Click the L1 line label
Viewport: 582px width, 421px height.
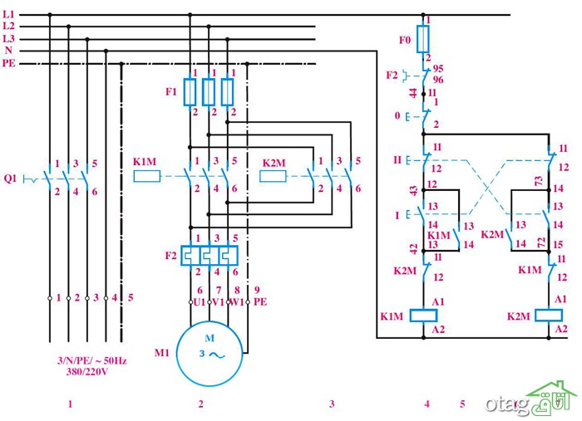coord(8,14)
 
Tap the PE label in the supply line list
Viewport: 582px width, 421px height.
coord(9,63)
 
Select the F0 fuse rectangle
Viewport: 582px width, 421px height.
coord(423,38)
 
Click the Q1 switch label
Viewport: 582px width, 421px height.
coord(10,179)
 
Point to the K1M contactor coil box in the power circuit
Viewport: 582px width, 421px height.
coord(147,176)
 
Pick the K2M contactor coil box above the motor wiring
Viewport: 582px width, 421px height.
coord(273,176)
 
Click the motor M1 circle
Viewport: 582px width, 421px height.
coord(210,353)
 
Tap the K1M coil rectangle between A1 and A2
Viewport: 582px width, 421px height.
coord(423,316)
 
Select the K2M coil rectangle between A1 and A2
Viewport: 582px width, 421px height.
coord(549,316)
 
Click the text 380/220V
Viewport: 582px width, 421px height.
coord(87,372)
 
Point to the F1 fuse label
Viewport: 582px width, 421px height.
coord(171,91)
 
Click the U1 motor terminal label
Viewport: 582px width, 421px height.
coord(200,302)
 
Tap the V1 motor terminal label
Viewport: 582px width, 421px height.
coord(218,302)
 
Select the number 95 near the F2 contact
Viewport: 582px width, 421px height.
coord(438,69)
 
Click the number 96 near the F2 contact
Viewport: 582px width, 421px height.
coord(438,80)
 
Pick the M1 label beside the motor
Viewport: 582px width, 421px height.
coord(162,352)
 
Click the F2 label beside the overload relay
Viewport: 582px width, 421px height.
coord(170,256)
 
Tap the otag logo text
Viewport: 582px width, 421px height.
coord(507,404)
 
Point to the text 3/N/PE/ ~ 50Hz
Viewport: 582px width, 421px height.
coord(92,360)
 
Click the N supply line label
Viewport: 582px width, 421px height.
coord(8,51)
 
